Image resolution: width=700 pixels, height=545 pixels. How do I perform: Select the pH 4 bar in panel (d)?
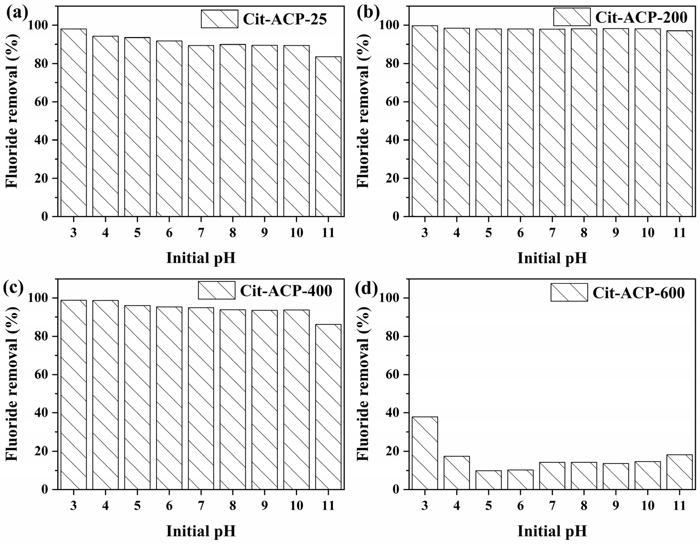[456, 473]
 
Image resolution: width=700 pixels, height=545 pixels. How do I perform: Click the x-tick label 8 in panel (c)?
[233, 506]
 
